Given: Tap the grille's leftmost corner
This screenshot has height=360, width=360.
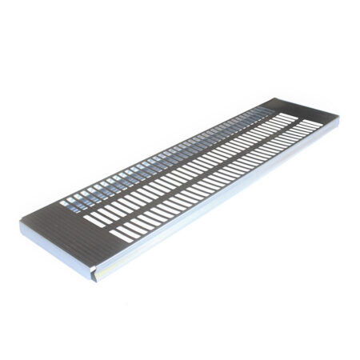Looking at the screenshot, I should pos(21,222).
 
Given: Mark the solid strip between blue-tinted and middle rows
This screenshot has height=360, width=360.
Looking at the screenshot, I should pos(176,156).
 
